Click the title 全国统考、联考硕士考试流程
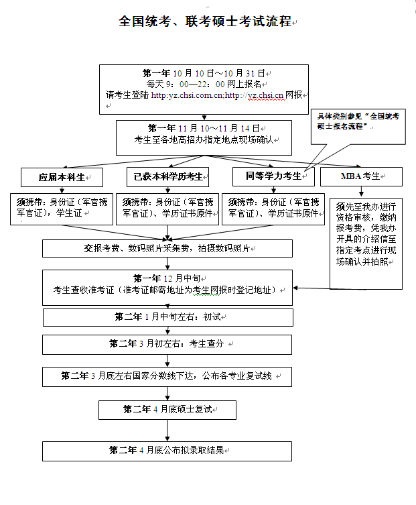click(206, 21)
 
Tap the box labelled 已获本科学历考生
click(167, 177)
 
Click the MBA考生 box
click(362, 177)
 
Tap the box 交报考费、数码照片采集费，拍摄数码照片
click(167, 247)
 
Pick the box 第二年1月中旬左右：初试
click(167, 317)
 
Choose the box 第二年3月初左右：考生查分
click(167, 344)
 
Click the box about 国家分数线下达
click(167, 376)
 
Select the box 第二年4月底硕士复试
click(167, 409)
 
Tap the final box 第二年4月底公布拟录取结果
click(167, 450)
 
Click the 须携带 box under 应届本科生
click(62, 208)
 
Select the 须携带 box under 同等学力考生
click(272, 208)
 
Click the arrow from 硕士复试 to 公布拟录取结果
click(167, 430)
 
